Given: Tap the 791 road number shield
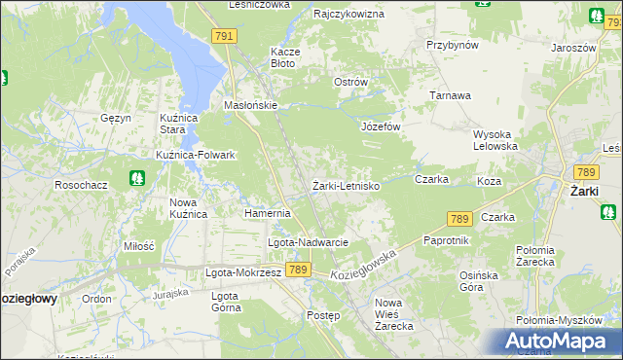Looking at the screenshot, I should pos(224,36).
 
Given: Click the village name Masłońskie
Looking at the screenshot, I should pos(251,105).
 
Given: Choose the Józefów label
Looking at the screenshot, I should pos(382,126).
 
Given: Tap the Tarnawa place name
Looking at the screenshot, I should pos(451,95).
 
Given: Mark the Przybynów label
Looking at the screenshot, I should pos(453,45).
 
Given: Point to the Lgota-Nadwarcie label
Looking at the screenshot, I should pos(308,241).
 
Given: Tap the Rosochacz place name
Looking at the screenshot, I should pos(80,184).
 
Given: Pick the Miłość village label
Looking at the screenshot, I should pos(138,246).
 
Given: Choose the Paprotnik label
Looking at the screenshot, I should pos(447,239).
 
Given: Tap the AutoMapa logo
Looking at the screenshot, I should pos(556,342).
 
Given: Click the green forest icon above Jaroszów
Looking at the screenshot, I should pos(596,15).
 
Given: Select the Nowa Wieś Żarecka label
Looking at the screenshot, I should pos(395,319).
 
